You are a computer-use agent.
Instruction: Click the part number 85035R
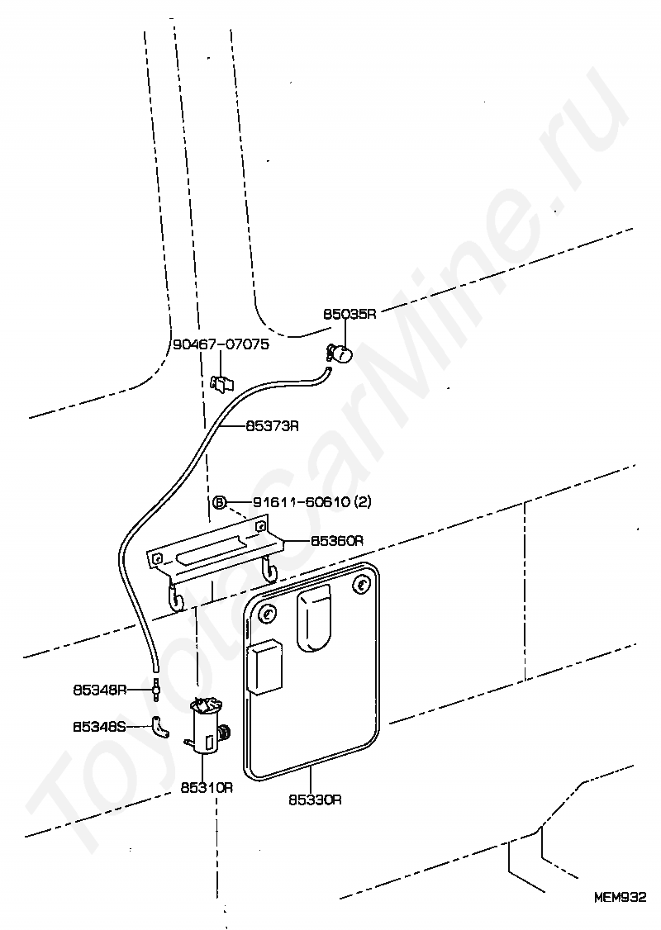(349, 314)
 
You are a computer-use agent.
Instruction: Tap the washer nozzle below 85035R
(340, 353)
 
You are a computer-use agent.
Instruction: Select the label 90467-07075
(221, 344)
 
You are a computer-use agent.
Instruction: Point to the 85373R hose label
(272, 426)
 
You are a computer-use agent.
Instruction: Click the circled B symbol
(220, 502)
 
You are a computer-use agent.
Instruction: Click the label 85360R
(337, 541)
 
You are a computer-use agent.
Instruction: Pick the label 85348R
(99, 687)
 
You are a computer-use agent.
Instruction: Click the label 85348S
(99, 727)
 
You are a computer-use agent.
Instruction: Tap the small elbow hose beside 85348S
(159, 728)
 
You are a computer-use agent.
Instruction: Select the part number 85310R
(207, 787)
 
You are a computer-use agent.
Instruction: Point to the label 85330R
(315, 800)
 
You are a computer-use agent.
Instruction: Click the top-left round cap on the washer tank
(267, 614)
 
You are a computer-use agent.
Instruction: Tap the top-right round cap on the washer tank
(361, 585)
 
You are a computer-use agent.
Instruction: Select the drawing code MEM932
(619, 895)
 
